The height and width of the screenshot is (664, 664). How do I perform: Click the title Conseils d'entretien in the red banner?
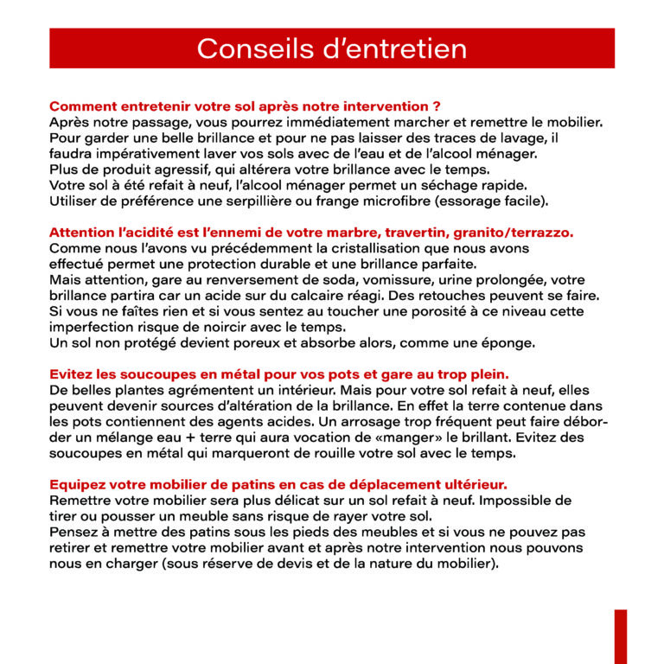click(x=332, y=48)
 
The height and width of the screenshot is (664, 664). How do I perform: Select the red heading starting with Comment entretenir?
click(x=245, y=106)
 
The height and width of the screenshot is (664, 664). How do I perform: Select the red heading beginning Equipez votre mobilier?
click(x=278, y=484)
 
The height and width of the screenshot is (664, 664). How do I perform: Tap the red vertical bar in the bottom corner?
click(x=620, y=636)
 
